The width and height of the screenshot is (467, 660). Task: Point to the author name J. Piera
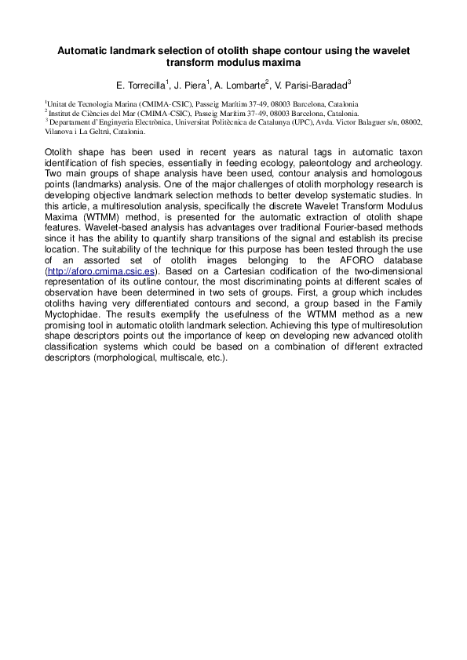pyautogui.click(x=190, y=84)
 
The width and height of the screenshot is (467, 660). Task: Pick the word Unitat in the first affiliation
pyautogui.click(x=58, y=103)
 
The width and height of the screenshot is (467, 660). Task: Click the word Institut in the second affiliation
pyautogui.click(x=61, y=113)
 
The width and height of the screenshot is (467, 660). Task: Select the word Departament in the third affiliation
pyautogui.click(x=71, y=122)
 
